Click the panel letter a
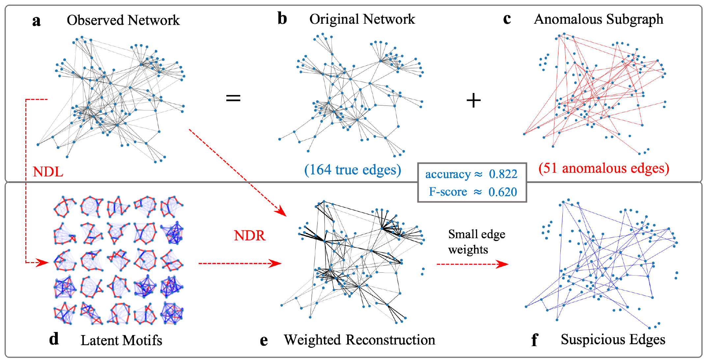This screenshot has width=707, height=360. coord(37,21)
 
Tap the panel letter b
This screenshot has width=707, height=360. coord(282,19)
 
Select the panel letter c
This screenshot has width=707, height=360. coord(507,19)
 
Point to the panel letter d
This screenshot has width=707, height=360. coord(54,339)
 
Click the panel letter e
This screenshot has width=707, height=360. coord(264,341)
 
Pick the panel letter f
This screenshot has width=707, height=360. coord(534,340)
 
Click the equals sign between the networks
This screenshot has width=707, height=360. coord(233,98)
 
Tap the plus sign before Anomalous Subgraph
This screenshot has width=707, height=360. coord(474,100)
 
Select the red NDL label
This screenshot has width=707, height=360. coord(48,172)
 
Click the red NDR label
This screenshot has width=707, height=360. coord(249,235)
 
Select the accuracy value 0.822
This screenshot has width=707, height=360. coord(503,174)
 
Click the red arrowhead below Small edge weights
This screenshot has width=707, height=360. coord(503,264)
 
